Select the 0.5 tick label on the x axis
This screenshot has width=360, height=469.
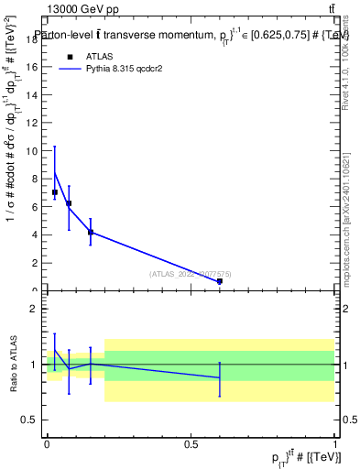pos(191,443)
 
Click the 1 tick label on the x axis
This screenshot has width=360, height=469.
pos(334,443)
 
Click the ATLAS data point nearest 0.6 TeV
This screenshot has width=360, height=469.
pos(220,281)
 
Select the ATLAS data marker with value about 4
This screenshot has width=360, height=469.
pos(91,232)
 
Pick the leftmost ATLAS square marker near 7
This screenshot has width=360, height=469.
pos(55,192)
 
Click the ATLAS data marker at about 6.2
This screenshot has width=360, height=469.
pos(69,203)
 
